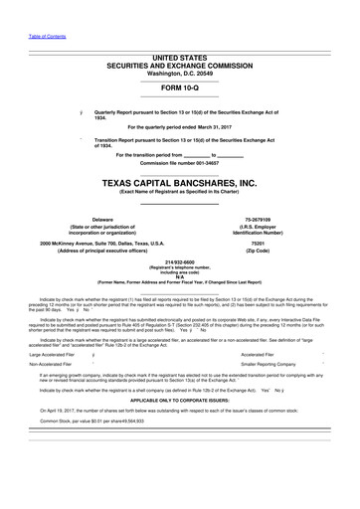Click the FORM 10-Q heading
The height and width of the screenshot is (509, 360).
click(x=179, y=85)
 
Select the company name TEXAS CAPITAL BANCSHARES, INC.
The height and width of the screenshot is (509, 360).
click(x=179, y=184)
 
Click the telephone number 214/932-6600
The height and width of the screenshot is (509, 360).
click(x=180, y=264)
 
